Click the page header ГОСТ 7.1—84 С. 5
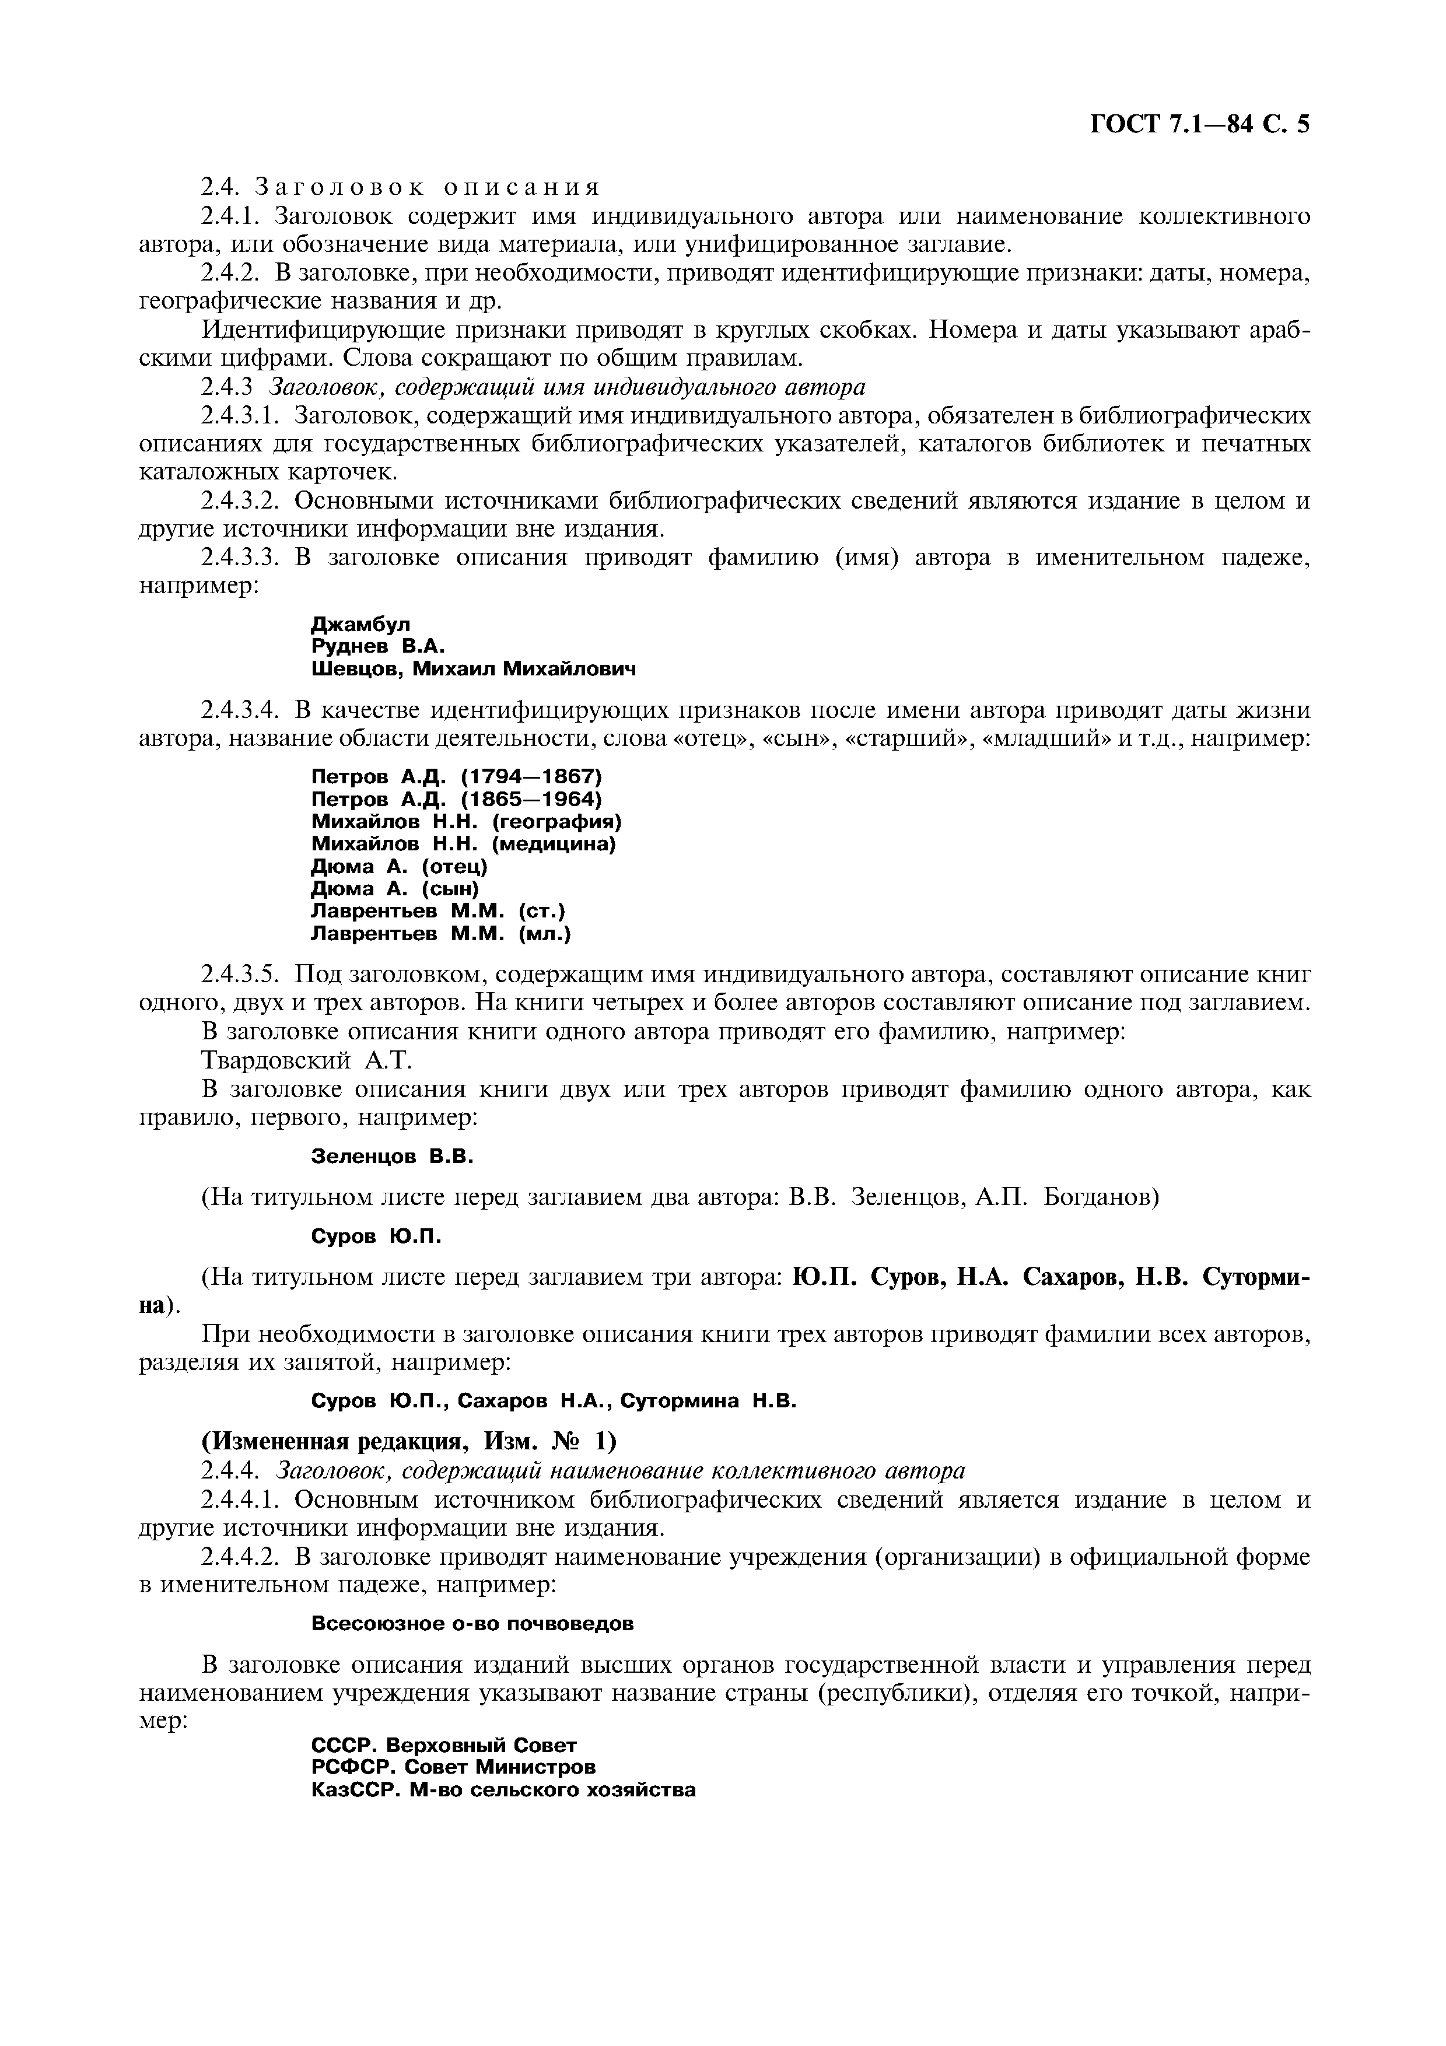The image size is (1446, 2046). tap(1199, 124)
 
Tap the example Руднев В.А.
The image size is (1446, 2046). tap(377, 646)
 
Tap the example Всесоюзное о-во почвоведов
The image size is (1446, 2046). tap(472, 1624)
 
